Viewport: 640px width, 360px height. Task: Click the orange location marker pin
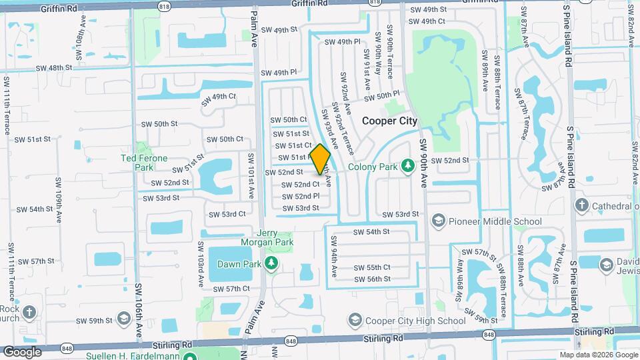[x=320, y=159]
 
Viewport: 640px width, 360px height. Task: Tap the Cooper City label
[x=389, y=121]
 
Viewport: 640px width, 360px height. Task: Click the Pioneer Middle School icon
[x=439, y=221]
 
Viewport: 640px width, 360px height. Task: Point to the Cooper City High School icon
[x=355, y=321]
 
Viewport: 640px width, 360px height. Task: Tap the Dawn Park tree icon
[x=271, y=264]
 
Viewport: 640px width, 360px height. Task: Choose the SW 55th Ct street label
[x=372, y=267]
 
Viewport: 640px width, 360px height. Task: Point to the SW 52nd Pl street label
[x=305, y=196]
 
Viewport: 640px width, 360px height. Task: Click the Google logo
[x=22, y=351]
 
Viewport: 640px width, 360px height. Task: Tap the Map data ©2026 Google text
[x=599, y=355]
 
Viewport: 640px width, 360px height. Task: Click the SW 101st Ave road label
[x=251, y=175]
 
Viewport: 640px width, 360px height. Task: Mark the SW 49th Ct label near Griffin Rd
[x=427, y=21]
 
